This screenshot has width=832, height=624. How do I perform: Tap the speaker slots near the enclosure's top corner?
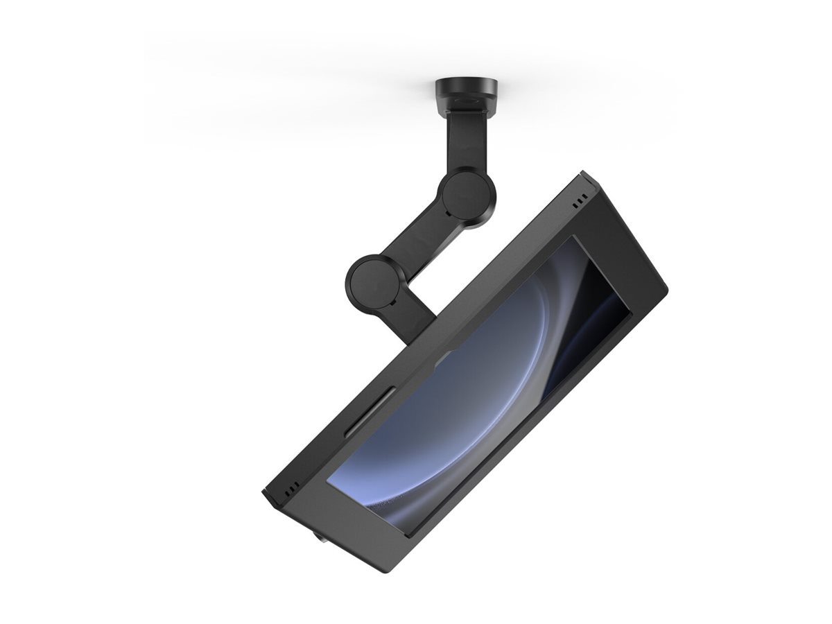(578, 204)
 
